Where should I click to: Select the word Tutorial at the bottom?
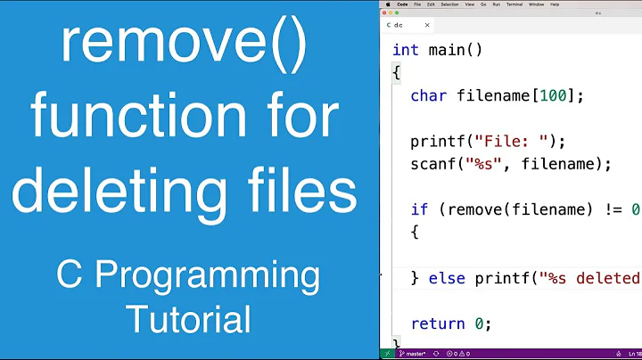pos(188,317)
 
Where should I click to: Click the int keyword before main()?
pos(406,50)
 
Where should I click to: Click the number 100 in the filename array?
pos(553,95)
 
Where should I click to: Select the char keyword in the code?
pos(429,95)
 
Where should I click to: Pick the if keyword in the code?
pos(419,209)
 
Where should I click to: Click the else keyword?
pos(447,278)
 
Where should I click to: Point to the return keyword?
pos(438,323)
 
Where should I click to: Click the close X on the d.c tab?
pos(428,25)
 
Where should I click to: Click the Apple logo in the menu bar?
pos(388,4)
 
